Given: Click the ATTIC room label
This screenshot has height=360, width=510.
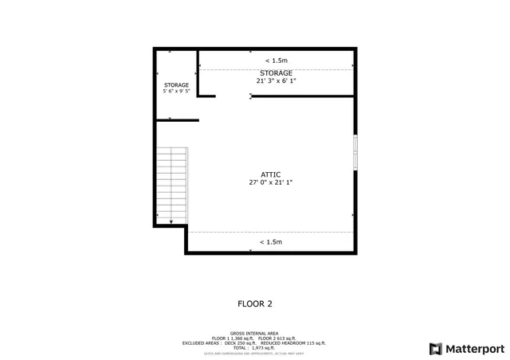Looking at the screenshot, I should pos(270,174).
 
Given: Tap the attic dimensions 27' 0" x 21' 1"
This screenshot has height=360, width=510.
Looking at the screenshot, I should pos(270,182).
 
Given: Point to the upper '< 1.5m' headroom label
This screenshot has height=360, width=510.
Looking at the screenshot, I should pos(277,61).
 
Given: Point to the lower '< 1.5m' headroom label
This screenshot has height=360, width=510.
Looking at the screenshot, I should pos(271,242).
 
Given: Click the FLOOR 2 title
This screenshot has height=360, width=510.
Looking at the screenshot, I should pos(255,303).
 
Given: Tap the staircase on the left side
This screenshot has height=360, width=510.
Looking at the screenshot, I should pos(171,185).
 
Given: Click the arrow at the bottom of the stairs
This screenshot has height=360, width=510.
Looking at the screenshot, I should pos(171,221).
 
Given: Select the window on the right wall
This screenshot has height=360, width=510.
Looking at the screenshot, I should pos(355,151).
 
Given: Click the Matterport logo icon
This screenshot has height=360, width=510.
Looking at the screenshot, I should pos(434,348).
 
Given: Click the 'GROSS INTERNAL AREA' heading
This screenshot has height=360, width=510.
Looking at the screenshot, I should pos(255,334).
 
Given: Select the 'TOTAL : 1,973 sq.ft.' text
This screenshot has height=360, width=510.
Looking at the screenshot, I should pos(255,348).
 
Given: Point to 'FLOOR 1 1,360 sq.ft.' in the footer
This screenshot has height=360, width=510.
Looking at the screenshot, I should pos(231,338).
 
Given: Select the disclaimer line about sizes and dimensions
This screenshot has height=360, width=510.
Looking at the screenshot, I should pos(255,354).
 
